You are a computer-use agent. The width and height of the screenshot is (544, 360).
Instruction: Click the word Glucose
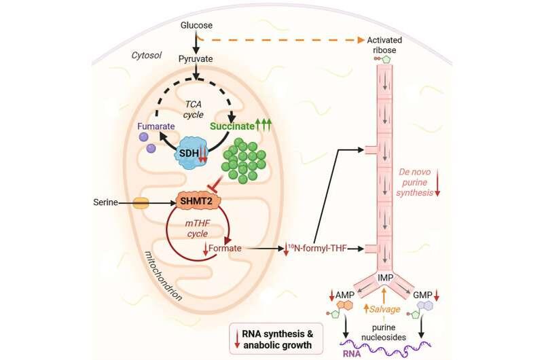tap(196, 26)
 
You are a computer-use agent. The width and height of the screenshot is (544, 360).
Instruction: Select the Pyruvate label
tap(196, 60)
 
